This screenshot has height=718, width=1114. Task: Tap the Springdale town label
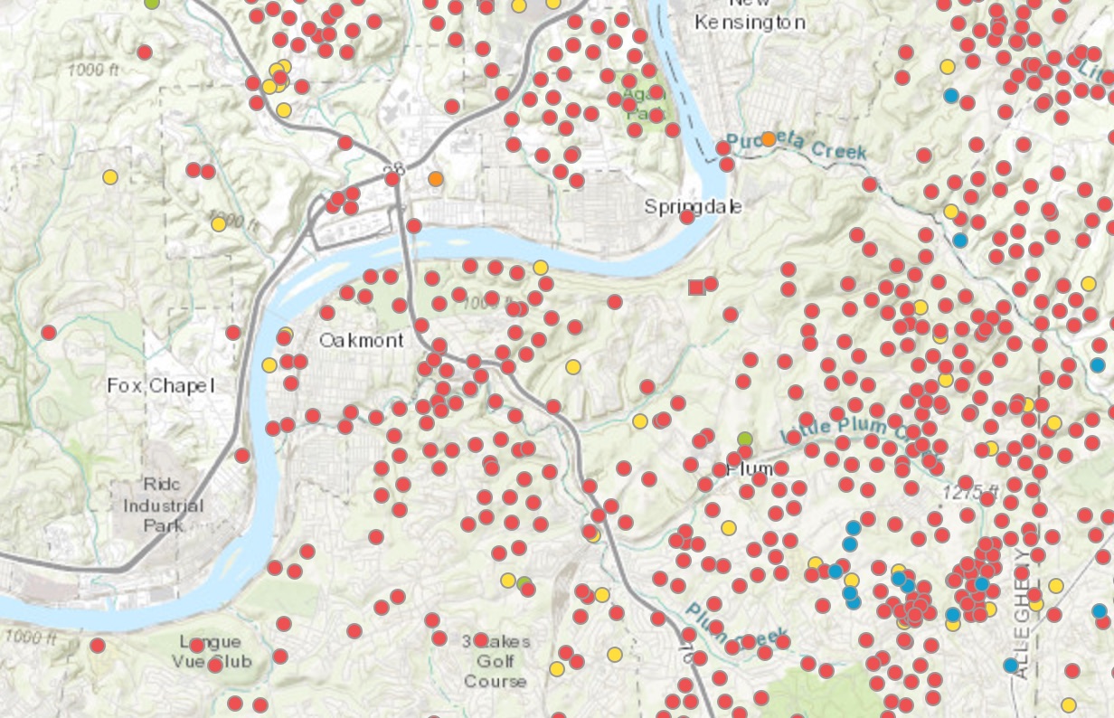[x=693, y=206]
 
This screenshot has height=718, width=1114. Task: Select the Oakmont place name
[x=361, y=340]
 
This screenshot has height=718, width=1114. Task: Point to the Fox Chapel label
[x=160, y=385]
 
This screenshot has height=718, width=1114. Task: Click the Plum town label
[x=750, y=468]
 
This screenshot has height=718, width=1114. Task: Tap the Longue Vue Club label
[x=211, y=651]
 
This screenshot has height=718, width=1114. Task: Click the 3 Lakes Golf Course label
[x=496, y=661]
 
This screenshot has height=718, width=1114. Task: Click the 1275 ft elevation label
[x=970, y=493]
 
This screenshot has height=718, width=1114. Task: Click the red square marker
[x=696, y=287]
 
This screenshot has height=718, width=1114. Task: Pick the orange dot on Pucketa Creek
[x=769, y=138]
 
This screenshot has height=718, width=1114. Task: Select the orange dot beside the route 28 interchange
[x=436, y=179]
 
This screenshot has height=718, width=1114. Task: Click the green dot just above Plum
[x=744, y=439]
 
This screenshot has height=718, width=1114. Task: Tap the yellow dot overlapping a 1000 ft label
[x=218, y=223]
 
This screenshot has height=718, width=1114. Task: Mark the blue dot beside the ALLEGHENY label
[x=1010, y=666]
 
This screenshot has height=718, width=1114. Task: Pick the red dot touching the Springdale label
[x=687, y=216]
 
